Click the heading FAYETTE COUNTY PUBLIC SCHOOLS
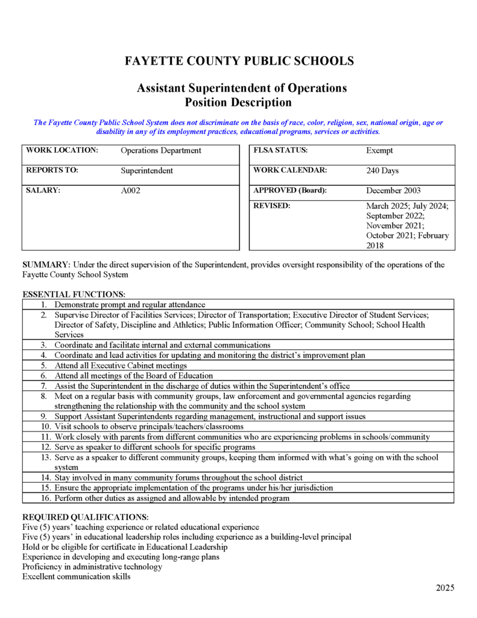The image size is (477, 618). click(239, 61)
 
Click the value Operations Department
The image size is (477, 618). click(161, 150)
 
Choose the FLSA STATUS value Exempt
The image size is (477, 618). click(379, 150)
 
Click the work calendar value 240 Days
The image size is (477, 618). click(382, 171)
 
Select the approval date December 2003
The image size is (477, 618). click(393, 191)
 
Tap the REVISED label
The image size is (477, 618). click(271, 206)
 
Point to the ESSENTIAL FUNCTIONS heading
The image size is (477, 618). click(74, 295)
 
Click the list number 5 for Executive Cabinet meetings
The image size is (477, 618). click(44, 366)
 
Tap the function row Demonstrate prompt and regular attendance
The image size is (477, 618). click(130, 305)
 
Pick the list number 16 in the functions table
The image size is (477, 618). click(46, 498)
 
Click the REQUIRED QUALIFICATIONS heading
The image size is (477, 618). click(85, 517)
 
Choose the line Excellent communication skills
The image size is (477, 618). click(76, 576)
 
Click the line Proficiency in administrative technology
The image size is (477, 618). click(92, 567)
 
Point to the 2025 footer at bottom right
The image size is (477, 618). click(445, 588)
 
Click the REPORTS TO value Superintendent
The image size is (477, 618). click(147, 171)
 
